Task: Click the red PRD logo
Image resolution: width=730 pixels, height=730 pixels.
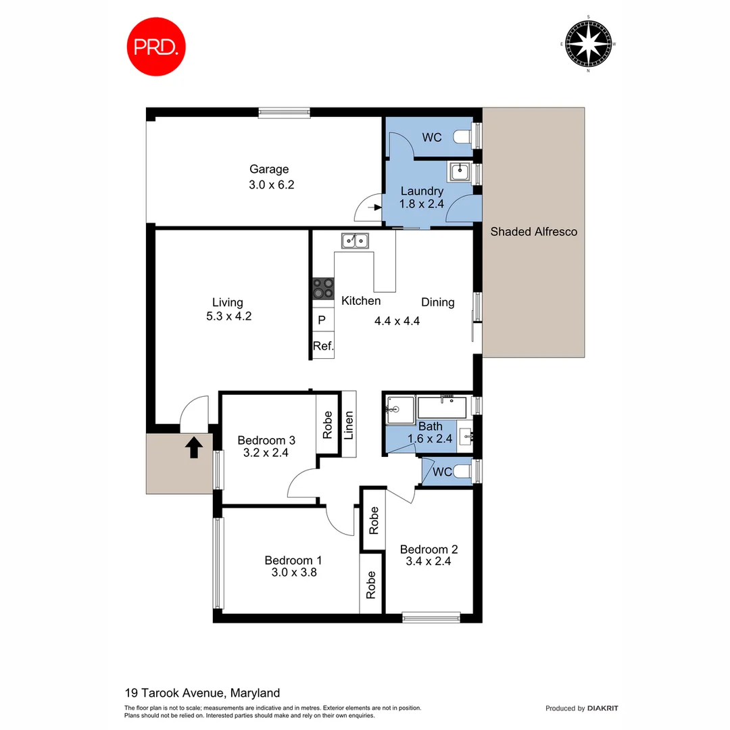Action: [156, 47]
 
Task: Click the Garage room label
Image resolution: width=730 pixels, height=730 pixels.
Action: [269, 169]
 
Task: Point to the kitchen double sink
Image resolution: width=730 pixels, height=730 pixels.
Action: [355, 239]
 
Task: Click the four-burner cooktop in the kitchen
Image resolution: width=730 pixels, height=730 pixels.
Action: [323, 289]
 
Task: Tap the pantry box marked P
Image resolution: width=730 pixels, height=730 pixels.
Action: [322, 320]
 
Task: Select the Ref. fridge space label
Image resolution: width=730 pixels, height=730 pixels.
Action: [322, 346]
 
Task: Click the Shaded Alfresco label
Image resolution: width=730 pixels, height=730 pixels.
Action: [533, 232]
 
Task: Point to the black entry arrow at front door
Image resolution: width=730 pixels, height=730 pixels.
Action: [194, 447]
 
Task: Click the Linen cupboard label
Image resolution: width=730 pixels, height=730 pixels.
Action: [349, 425]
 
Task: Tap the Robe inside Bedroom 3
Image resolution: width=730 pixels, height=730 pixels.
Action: [327, 425]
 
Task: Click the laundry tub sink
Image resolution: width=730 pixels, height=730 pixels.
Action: [460, 172]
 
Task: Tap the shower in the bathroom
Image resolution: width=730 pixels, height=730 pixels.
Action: [399, 410]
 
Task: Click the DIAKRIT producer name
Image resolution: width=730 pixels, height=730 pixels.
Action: [603, 708]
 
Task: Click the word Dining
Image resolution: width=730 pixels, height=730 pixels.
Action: [437, 302]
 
